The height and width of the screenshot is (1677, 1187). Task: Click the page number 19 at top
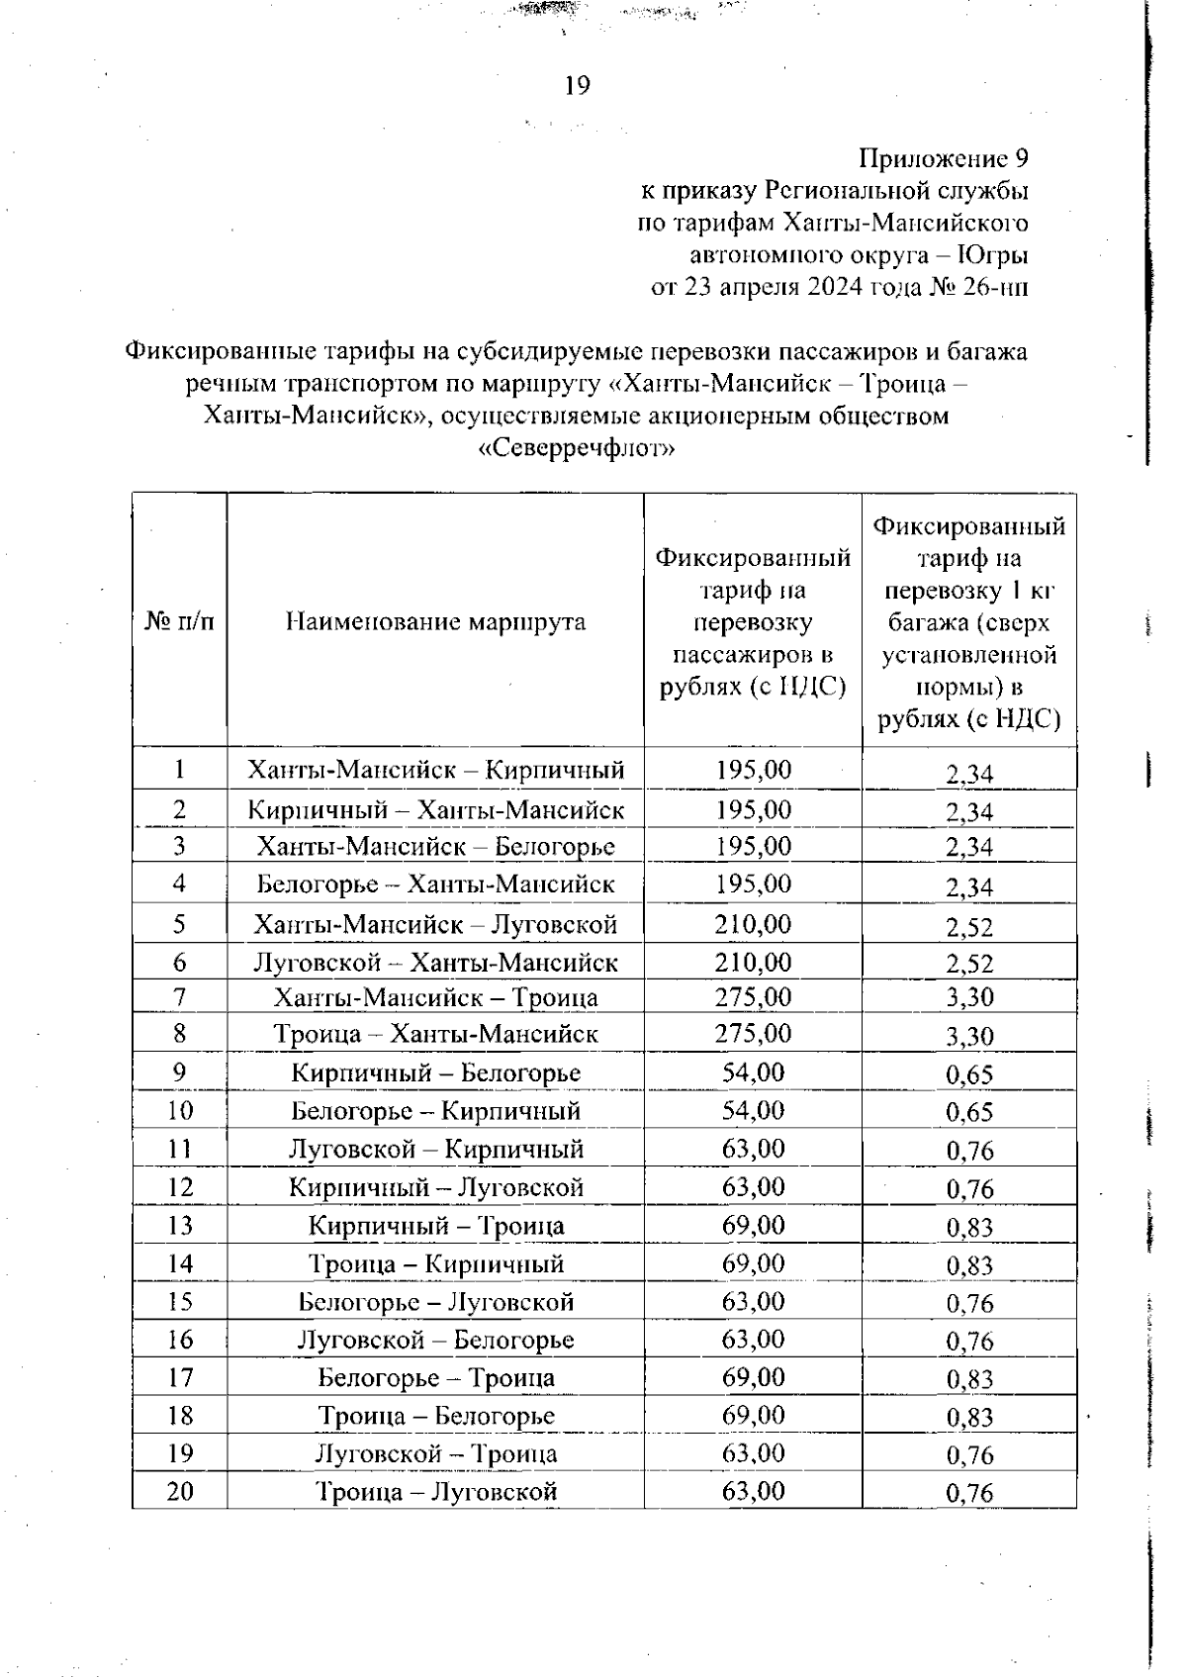point(577,86)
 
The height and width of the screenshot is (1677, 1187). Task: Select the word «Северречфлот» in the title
point(577,448)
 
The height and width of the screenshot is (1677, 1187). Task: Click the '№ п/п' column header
point(179,621)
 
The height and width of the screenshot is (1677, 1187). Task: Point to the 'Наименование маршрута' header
point(435,621)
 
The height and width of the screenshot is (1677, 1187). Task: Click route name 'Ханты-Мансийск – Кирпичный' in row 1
point(435,769)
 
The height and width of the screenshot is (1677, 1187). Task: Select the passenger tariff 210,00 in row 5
point(753,924)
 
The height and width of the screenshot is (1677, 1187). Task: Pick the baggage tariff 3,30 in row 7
point(968,998)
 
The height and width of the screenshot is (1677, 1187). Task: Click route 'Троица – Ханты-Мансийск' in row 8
point(435,1035)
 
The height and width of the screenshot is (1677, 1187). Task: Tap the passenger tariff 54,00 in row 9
point(753,1072)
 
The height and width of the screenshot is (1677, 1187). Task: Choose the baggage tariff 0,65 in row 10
point(968,1113)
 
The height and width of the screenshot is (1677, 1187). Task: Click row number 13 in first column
point(179,1226)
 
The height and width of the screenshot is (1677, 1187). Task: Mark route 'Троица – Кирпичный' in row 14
point(435,1264)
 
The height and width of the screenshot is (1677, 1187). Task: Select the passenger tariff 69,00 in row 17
point(753,1377)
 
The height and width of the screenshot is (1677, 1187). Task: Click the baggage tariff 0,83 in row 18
point(968,1418)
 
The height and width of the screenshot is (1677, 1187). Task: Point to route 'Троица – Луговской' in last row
point(435,1492)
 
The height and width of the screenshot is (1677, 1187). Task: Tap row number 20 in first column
point(179,1492)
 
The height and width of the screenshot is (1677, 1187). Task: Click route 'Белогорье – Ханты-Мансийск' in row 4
point(435,884)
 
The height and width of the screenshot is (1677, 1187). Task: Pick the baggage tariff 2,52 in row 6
point(968,964)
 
